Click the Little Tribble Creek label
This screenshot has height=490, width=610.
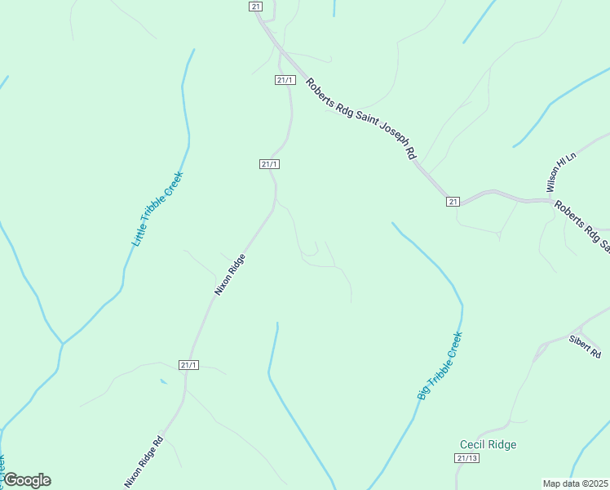158,209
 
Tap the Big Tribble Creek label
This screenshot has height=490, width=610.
440,365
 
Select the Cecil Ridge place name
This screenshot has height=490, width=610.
488,444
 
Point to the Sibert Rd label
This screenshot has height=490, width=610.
585,347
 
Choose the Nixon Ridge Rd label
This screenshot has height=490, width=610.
144,462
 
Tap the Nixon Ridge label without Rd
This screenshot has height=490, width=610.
229,274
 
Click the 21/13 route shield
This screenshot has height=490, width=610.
466,458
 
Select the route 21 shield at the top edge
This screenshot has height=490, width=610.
256,6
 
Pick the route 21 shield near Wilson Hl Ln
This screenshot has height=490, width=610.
453,201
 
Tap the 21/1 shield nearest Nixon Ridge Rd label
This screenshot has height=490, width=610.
188,364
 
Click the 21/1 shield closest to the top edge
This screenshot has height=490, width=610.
285,79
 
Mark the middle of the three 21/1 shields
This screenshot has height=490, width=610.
270,164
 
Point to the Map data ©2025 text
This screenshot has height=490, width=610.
576,483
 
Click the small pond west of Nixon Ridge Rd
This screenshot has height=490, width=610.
164,381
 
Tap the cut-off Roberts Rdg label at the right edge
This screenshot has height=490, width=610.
582,220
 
